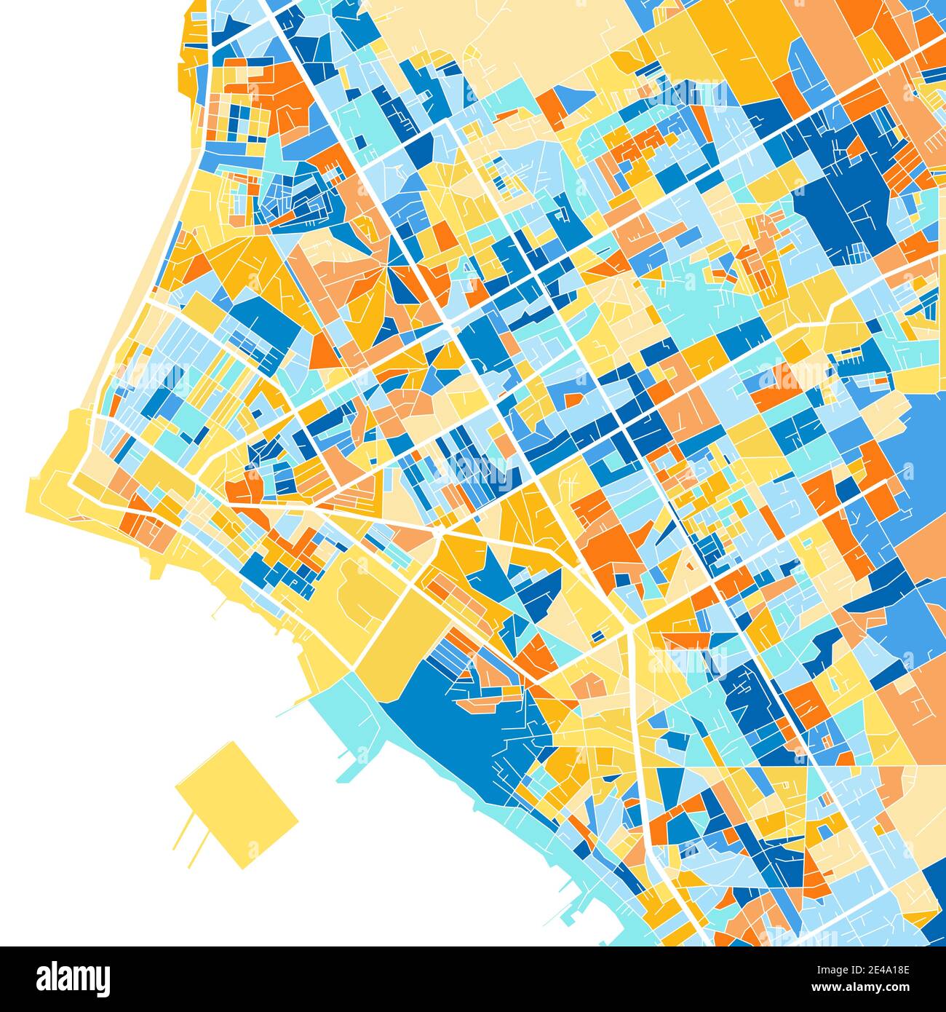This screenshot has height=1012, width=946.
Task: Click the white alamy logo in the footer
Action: pos(73,979)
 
